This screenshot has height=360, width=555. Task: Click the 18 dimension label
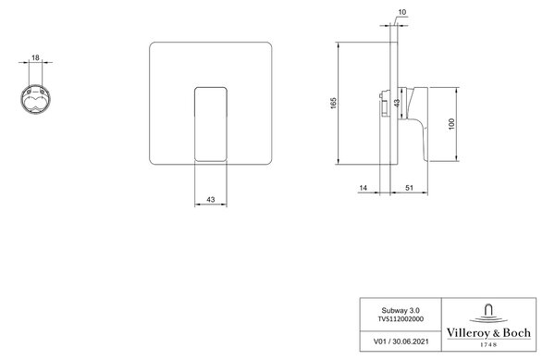point(35,57)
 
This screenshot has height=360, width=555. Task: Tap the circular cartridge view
point(35,99)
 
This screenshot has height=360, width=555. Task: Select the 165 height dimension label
point(334,103)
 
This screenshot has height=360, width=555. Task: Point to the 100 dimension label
point(451,124)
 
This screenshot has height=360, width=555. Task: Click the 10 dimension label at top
point(402,12)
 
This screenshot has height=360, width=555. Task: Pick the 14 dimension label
point(364,188)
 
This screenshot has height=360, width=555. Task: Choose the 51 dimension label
point(409,188)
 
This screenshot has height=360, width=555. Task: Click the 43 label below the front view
point(211,200)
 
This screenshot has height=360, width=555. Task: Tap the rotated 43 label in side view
point(397,103)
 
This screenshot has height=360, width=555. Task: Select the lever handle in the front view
point(211,124)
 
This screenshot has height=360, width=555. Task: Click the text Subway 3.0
point(401,310)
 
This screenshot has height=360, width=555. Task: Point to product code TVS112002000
point(401,319)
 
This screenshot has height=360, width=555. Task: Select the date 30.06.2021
point(411,341)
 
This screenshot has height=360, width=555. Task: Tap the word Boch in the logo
point(517,333)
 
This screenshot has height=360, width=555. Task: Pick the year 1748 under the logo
point(488,344)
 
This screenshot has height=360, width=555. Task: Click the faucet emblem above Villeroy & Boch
point(488,314)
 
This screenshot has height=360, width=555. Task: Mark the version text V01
point(379,341)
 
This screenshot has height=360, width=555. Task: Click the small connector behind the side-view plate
point(384,104)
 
